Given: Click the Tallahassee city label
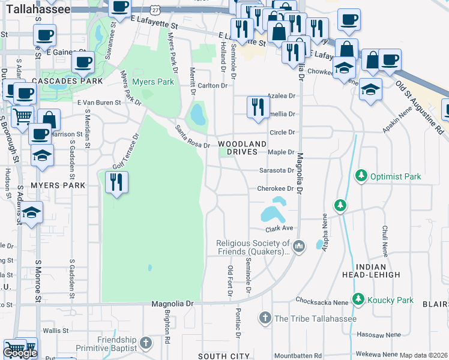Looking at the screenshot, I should (35, 10).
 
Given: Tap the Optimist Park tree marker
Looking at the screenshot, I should (361, 176).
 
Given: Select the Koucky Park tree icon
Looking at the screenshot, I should (358, 299).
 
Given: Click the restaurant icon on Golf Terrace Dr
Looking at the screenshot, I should (116, 181).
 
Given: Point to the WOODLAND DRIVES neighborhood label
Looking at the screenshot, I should (242, 148).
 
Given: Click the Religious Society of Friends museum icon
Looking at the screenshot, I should (300, 245).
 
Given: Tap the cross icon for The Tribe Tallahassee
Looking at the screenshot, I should (265, 317).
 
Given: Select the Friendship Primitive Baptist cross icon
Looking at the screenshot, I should (145, 344).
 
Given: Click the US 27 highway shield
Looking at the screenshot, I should (155, 10).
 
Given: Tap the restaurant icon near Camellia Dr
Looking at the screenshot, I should (258, 107).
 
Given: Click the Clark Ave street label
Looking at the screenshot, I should (279, 228).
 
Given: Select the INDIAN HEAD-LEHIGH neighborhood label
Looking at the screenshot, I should (377, 270).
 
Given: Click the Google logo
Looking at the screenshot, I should (20, 353).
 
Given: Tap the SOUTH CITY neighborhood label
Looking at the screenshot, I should (220, 356).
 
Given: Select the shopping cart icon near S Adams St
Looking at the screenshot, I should (22, 115).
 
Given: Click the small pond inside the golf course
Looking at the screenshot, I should (149, 268).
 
